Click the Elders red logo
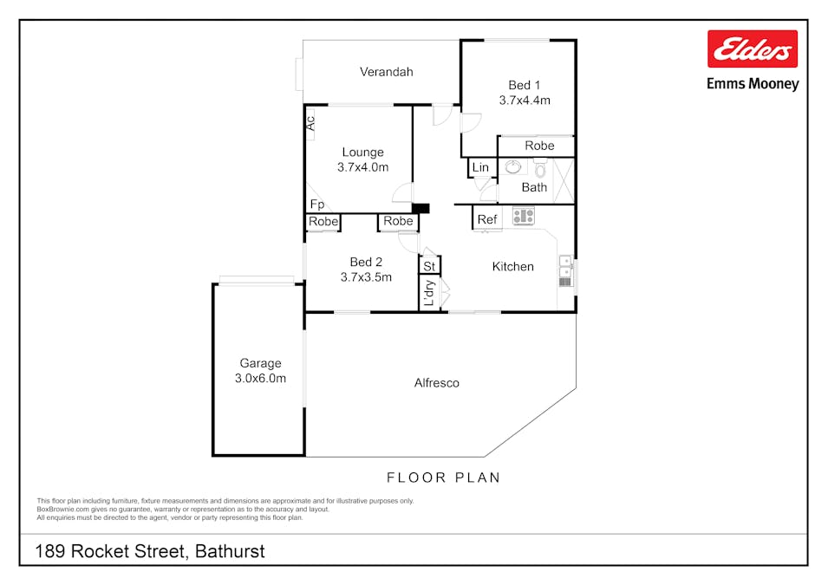(x=752, y=49)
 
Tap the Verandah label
(x=386, y=72)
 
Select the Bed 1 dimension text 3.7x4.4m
(x=525, y=101)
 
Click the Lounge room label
(x=362, y=152)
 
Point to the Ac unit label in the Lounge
(x=310, y=123)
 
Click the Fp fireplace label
(x=316, y=205)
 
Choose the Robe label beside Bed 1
(x=539, y=146)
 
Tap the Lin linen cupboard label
(x=480, y=167)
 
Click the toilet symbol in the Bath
(x=539, y=169)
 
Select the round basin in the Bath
(x=512, y=167)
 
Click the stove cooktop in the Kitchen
(x=524, y=216)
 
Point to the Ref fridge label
(x=487, y=219)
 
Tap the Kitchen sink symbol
(x=565, y=271)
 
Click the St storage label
(x=429, y=266)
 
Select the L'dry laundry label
(x=429, y=293)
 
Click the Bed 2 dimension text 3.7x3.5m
(x=366, y=277)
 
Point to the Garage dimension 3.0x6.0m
(x=260, y=378)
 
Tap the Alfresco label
(x=437, y=383)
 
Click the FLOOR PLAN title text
(x=444, y=478)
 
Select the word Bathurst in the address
(x=230, y=551)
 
